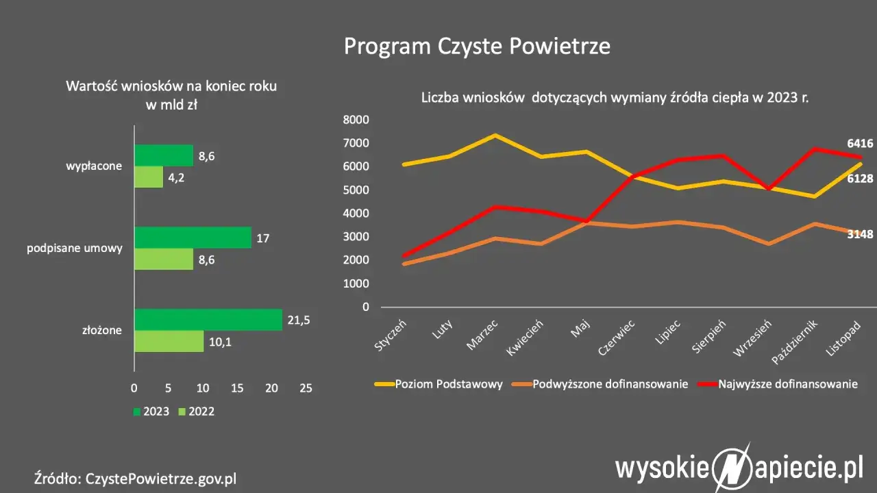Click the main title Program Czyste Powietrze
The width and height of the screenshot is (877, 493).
point(476,46)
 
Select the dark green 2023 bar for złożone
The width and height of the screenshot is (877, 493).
point(208,320)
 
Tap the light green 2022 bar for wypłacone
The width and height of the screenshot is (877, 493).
point(149,177)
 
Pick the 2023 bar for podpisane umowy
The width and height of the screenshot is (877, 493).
point(193,238)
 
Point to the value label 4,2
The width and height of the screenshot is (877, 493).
point(177,177)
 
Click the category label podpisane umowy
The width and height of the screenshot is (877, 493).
point(75,248)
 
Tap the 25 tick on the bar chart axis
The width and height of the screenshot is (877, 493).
point(306,388)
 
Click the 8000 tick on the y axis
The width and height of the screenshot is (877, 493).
point(356,120)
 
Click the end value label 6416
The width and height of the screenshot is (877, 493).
point(859,144)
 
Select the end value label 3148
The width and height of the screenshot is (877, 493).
point(859,234)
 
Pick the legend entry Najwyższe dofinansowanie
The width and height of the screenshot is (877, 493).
point(787,384)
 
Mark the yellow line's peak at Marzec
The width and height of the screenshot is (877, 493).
point(495,136)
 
